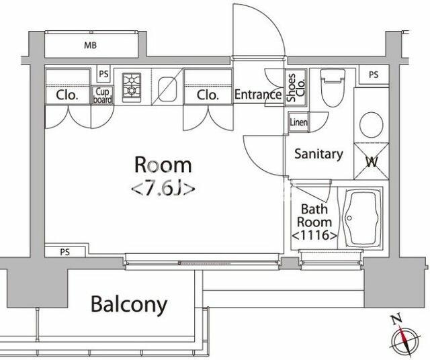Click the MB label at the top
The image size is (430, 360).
[x=91, y=45]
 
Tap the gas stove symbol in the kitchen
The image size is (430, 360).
[x=132, y=87]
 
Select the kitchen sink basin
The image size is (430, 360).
[x=167, y=89]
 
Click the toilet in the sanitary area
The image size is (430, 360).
[x=333, y=87]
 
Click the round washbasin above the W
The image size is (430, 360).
[x=372, y=125]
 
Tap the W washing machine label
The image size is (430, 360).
[x=372, y=162]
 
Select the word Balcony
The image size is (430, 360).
[x=129, y=304]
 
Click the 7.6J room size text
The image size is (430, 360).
[x=163, y=189]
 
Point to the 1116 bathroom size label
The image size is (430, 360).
[x=314, y=235]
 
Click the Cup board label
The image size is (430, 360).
[x=102, y=95]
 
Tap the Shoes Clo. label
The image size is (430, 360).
[x=296, y=87]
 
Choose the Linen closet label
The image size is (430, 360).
[x=298, y=122]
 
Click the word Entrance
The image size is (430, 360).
[x=258, y=95]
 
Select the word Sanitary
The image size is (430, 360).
[x=318, y=154]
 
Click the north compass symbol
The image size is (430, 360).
[x=405, y=336]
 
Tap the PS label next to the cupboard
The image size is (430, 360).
[x=103, y=74]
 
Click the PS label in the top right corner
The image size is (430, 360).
[x=374, y=75]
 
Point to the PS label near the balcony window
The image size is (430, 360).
[x=65, y=252]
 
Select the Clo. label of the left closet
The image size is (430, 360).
[x=67, y=95]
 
